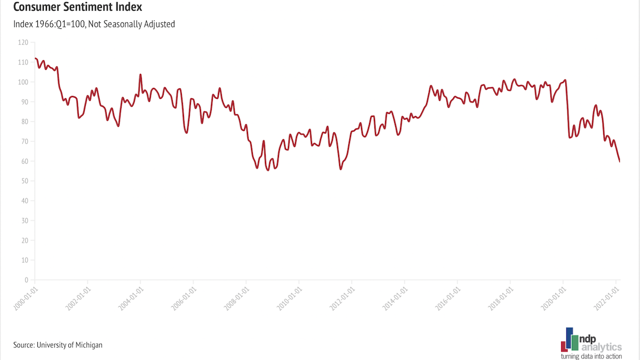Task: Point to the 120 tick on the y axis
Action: click(24, 42)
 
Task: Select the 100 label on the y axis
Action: click(24, 82)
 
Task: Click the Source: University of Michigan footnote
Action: click(58, 345)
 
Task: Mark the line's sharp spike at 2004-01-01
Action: click(140, 75)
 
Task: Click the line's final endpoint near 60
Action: click(619, 161)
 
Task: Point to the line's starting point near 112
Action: click(35, 58)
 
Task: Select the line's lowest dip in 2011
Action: click(340, 169)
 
